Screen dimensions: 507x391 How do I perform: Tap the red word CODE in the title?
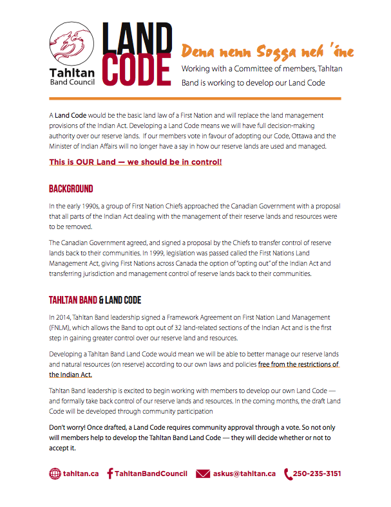coord(137,69)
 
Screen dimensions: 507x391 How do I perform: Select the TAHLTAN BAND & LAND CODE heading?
coord(95,300)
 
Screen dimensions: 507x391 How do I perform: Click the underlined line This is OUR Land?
coord(135,161)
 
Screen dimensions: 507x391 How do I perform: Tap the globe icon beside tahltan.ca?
coord(55,474)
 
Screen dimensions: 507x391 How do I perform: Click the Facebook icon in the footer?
coord(110,474)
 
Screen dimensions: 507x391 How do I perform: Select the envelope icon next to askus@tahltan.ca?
coord(203,474)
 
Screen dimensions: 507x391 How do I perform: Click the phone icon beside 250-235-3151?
coord(287,474)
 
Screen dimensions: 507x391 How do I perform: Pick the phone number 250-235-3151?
coord(317,474)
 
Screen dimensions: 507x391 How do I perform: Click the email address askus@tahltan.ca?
coord(245,474)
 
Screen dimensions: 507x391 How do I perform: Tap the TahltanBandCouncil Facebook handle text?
coord(151,474)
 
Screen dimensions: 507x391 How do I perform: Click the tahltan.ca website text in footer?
coord(81,474)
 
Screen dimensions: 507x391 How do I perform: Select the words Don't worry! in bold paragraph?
coord(69,428)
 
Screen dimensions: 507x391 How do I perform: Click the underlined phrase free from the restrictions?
coord(298,364)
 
